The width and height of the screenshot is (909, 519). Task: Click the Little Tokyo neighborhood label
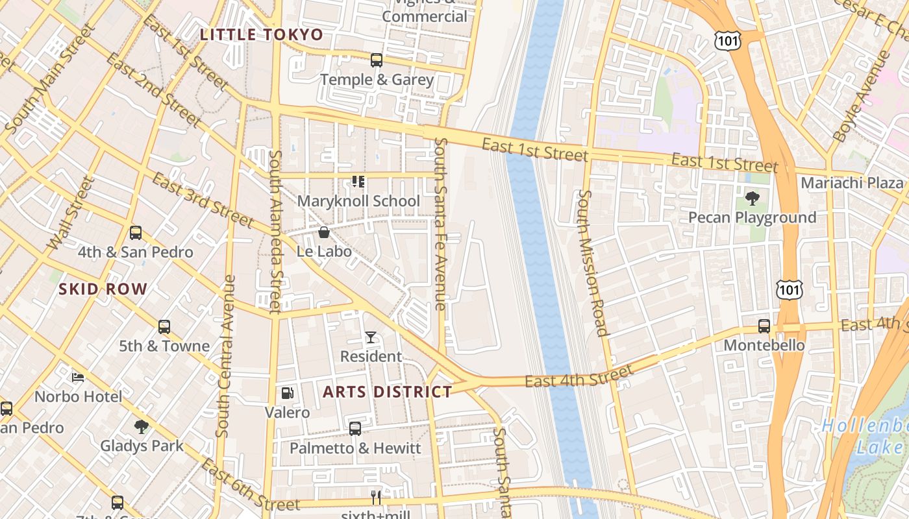pos(261,34)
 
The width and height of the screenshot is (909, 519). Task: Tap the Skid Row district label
pos(103,289)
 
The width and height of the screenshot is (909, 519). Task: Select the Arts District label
pos(387,392)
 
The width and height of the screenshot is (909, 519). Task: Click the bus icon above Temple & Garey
pos(377,60)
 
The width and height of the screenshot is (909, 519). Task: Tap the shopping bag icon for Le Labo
pos(323,232)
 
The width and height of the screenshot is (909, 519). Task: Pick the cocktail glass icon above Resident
pos(370,337)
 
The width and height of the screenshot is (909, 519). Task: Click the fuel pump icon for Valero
pos(287,393)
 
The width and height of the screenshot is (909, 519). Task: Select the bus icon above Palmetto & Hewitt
pos(355,429)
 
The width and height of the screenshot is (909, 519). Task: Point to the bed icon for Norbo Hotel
pos(78,377)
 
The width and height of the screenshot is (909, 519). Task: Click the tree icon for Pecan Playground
pos(753,198)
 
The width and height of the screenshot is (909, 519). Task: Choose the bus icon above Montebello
pos(764,326)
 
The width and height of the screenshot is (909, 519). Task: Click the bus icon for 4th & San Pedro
pos(136,233)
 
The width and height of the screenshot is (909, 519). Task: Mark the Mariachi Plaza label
pos(852,183)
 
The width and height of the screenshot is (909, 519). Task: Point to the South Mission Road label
pos(593,263)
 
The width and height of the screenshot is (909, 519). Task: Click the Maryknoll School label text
pos(358,201)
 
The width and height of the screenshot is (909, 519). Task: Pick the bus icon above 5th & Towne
pos(164,327)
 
